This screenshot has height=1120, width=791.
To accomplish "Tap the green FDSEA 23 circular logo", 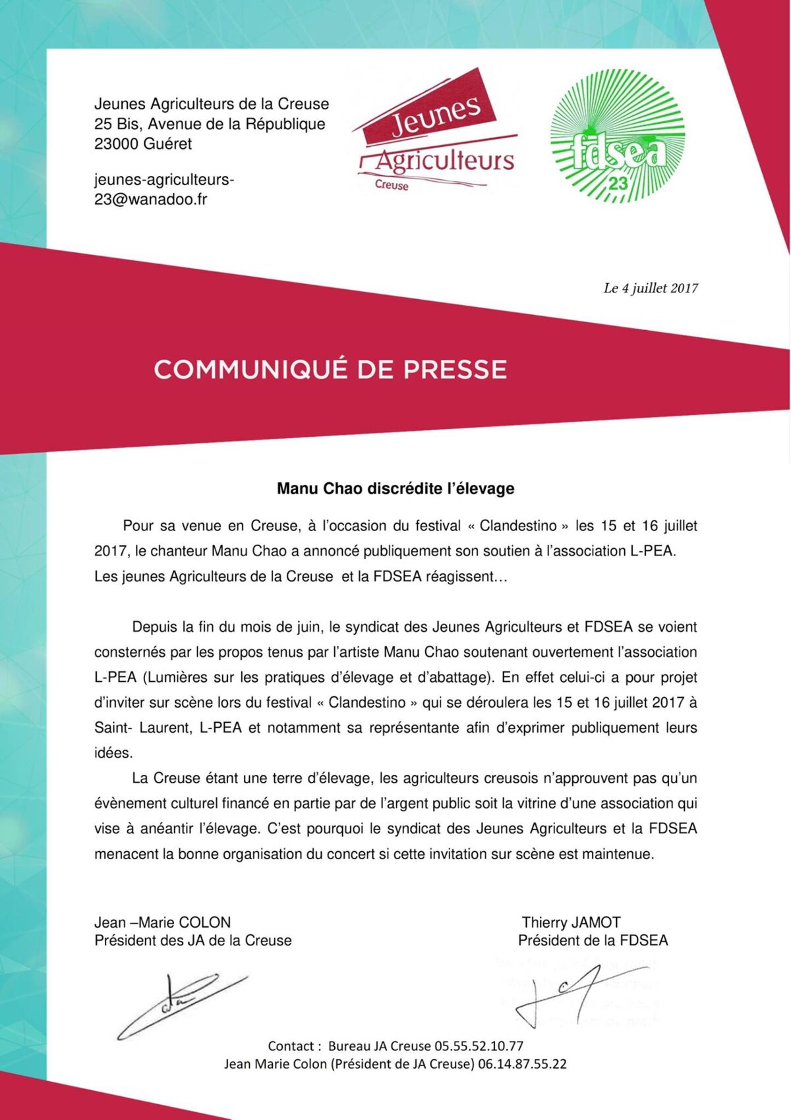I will pos(617,136).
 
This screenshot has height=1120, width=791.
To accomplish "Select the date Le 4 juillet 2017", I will pos(650,288).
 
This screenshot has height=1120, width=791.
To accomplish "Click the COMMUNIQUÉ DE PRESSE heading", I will pos(330,369).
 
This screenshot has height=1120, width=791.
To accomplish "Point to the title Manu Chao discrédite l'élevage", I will pos(395,489).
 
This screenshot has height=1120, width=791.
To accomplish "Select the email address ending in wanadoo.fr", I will pos(164,189).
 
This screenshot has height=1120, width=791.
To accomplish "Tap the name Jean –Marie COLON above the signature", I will pos(162,922).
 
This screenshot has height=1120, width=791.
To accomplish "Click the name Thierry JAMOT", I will pos(571,922).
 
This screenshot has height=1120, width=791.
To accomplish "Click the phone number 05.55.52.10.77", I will pos(479,1046).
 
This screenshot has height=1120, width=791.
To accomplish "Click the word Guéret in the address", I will pos(167,144).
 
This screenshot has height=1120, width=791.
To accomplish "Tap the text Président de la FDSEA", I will pos(593,940).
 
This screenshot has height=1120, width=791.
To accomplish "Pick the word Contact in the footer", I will pos(291,1046).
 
